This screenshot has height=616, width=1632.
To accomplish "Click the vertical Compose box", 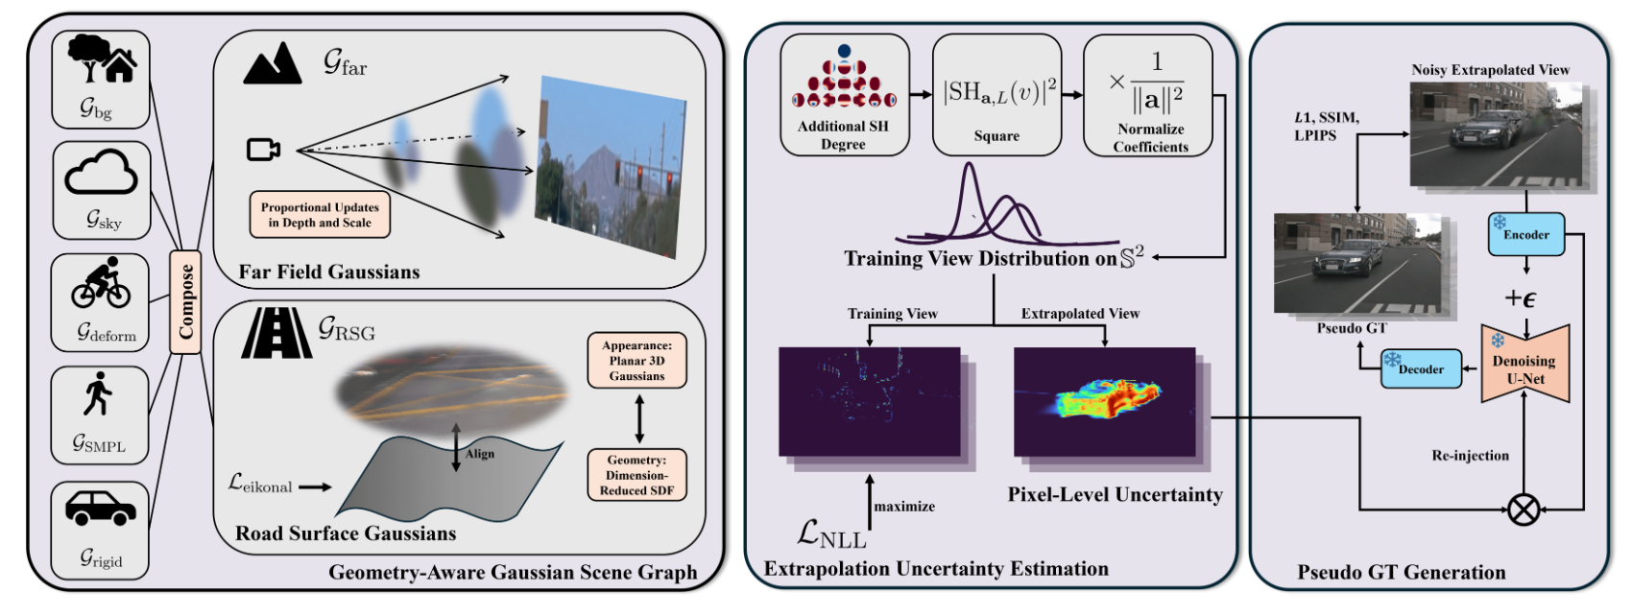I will click(x=185, y=301).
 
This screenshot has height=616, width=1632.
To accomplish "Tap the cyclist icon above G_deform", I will click(x=101, y=282).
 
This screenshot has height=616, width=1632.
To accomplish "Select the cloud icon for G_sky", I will click(x=101, y=173).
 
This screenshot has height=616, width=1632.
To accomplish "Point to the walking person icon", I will click(x=97, y=394).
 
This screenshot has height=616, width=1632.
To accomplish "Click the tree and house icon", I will click(x=102, y=59).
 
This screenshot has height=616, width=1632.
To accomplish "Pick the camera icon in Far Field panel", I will click(x=263, y=150).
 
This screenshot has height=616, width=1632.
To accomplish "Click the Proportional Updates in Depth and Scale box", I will click(x=320, y=215).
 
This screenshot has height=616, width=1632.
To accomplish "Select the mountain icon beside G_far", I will click(x=273, y=63).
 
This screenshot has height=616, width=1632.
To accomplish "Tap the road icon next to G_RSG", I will click(x=276, y=332).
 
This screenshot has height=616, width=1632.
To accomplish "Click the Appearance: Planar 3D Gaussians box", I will click(x=636, y=361).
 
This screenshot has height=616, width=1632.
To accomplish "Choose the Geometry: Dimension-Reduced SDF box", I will click(x=636, y=475).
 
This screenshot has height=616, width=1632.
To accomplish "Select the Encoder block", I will click(x=1525, y=234).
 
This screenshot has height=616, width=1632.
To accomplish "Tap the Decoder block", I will click(x=1420, y=368).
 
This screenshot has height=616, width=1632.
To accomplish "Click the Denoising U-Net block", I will click(x=1524, y=364).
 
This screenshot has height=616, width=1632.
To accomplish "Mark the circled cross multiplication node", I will click(x=1524, y=509).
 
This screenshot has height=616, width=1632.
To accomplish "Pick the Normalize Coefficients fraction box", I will click(x=1149, y=95).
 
